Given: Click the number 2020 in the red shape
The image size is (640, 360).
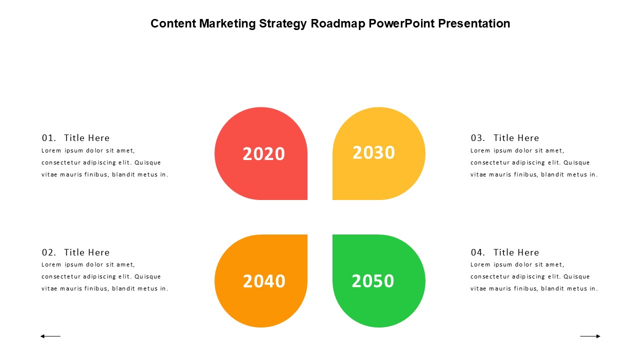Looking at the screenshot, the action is [263, 153].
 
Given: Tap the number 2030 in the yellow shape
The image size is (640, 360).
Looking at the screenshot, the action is [373, 152].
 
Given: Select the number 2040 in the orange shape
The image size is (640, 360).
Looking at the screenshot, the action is [264, 281].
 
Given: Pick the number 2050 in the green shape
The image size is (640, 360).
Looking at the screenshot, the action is [373, 281].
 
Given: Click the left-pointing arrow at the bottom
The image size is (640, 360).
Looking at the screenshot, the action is [50, 336].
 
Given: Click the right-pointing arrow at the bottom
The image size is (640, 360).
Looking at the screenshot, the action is [590, 336].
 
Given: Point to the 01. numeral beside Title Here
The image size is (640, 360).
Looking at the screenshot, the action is [49, 138].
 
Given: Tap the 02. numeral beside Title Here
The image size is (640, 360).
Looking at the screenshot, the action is [49, 252].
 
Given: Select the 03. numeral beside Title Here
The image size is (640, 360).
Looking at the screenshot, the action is [478, 138].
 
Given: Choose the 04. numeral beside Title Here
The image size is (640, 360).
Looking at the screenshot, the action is [478, 252].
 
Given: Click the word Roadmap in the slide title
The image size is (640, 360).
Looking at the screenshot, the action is [338, 23].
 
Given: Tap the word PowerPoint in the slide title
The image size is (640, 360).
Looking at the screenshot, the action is [401, 23].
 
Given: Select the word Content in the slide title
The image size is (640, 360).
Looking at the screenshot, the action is [173, 23].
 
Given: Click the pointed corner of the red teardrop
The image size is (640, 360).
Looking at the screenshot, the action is [307, 199].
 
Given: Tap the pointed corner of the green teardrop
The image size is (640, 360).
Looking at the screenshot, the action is [333, 235].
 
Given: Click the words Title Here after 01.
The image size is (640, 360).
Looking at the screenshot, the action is [87, 138].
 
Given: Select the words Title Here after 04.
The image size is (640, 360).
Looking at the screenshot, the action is [516, 252].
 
